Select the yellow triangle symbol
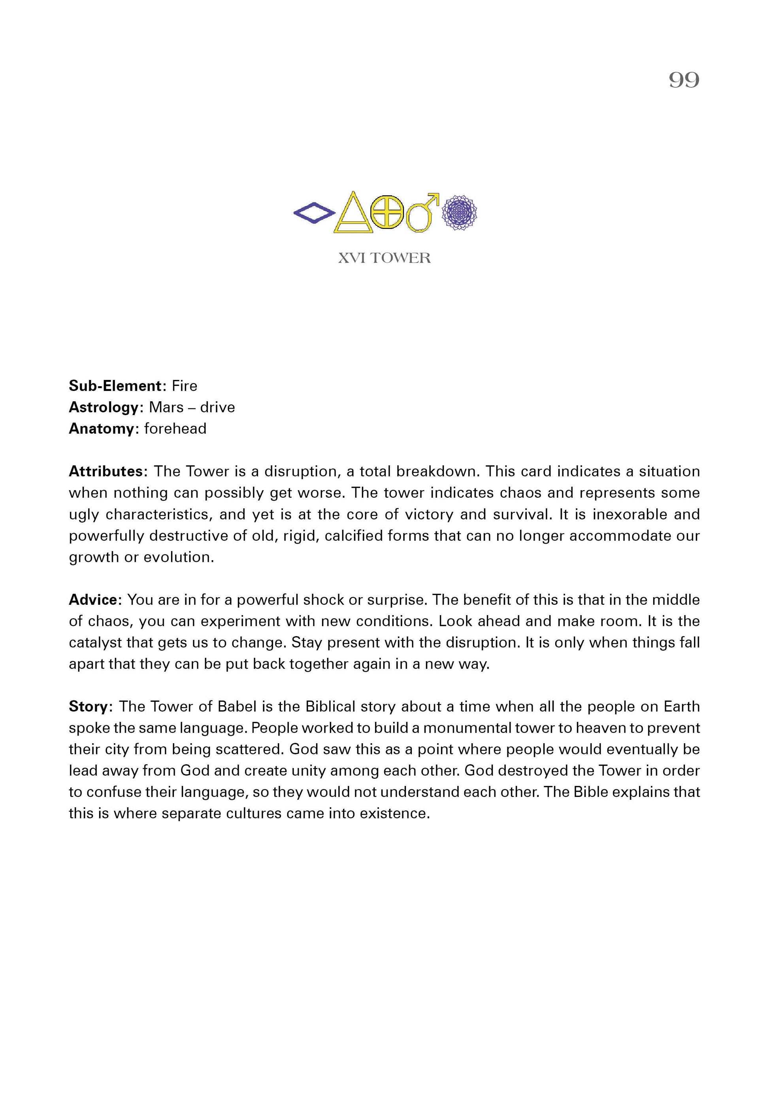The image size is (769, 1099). click(x=354, y=214)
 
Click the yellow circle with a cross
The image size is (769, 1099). click(x=387, y=212)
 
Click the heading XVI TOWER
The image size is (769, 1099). click(x=384, y=258)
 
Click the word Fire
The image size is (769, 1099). click(x=185, y=386)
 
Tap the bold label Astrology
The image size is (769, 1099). click(x=104, y=407)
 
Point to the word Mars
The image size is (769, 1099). click(x=166, y=407)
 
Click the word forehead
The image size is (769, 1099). click(x=175, y=429)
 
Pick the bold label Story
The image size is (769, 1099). click(x=89, y=706)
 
